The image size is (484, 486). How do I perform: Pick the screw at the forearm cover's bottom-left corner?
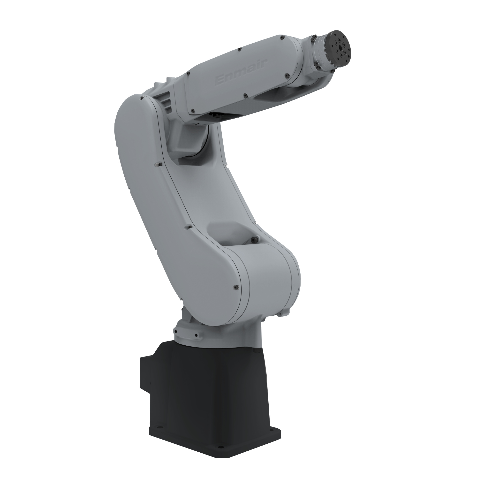[193, 110]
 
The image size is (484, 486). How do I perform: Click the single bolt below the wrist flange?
[318, 67]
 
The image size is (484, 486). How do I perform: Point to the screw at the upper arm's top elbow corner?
[143, 97]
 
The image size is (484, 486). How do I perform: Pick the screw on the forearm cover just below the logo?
[245, 95]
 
